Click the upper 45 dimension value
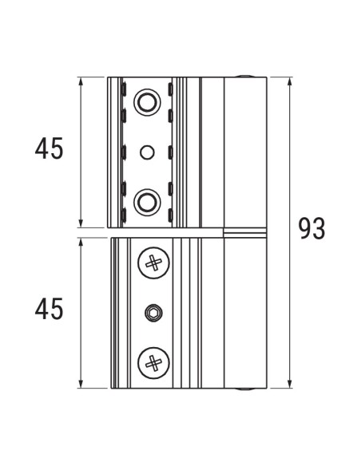[x=48, y=149]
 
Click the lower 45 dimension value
[x=48, y=309]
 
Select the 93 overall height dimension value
[x=311, y=229]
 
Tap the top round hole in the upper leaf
[x=145, y=101]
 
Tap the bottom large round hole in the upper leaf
[x=145, y=200]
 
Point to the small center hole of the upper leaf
[x=145, y=151]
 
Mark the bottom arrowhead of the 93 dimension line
[x=288, y=385]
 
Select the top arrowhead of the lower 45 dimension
[x=83, y=240]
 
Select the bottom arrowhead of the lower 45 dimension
[x=83, y=385]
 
